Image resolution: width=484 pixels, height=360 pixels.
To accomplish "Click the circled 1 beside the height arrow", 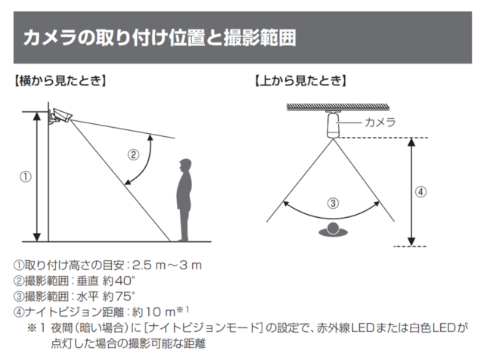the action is click(26, 177).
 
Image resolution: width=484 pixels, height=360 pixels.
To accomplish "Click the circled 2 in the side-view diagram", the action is click(133, 155).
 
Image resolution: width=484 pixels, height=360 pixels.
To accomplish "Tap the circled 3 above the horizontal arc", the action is click(333, 203).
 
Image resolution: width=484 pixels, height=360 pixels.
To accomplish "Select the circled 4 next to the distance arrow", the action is click(420, 192).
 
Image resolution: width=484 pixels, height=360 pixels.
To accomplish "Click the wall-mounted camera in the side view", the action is click(60, 116).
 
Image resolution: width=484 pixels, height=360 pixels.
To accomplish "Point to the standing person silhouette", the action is click(185, 200).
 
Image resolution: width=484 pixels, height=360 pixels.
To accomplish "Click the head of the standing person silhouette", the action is click(185, 164).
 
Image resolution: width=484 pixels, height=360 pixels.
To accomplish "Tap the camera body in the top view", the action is click(334, 126).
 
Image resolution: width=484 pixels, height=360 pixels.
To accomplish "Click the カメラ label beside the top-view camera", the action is click(380, 123).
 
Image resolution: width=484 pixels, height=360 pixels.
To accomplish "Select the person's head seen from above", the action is click(334, 228).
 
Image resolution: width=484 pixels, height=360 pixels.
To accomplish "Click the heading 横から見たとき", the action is click(60, 81).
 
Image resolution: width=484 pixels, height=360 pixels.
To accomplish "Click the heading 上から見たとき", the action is click(301, 81).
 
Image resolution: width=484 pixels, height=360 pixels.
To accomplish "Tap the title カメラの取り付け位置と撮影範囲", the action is click(160, 38).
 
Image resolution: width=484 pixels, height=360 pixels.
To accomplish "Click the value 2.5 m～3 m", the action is click(167, 265).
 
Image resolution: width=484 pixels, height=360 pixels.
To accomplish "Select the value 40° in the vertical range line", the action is click(125, 281).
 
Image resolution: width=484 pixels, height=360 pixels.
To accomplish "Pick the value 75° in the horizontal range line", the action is click(125, 296).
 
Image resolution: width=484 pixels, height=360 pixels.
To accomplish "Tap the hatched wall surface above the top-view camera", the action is click(338, 107).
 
